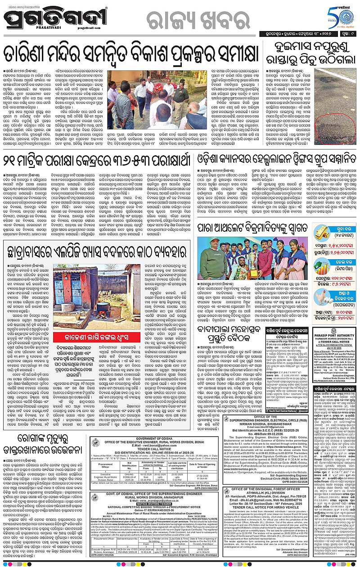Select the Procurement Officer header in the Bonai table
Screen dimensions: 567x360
click(x=106, y=463)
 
